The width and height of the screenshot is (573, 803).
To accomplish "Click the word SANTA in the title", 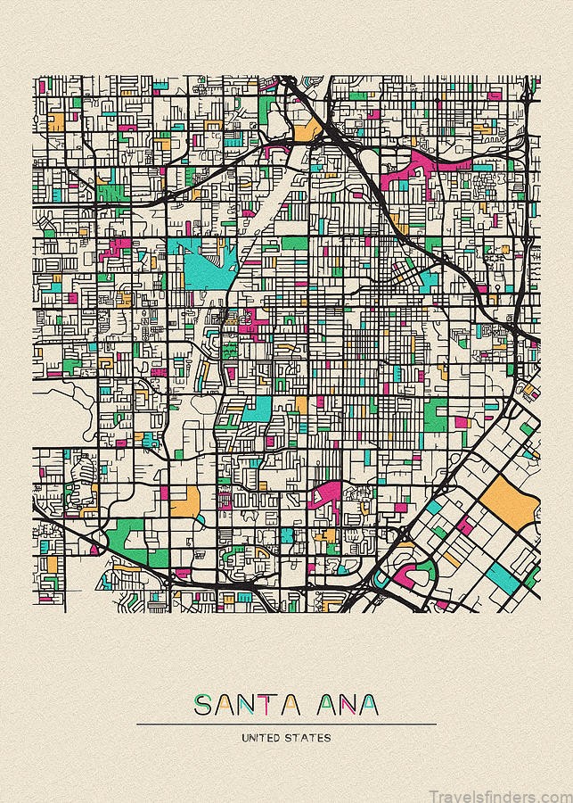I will tap(247, 705).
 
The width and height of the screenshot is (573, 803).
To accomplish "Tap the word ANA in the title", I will tap(345, 705).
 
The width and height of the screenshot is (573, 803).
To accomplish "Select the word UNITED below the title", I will tap(263, 738).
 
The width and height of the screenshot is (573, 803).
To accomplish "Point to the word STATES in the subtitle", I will tap(310, 738).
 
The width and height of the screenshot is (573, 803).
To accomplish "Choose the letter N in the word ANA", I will tap(345, 705).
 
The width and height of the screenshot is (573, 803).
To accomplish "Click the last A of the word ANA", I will tap(366, 705).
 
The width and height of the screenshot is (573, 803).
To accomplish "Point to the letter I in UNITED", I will tap(261, 738).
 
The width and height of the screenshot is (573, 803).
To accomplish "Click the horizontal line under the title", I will tap(286, 724).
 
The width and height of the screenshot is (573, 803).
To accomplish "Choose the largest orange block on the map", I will tap(509, 500).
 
